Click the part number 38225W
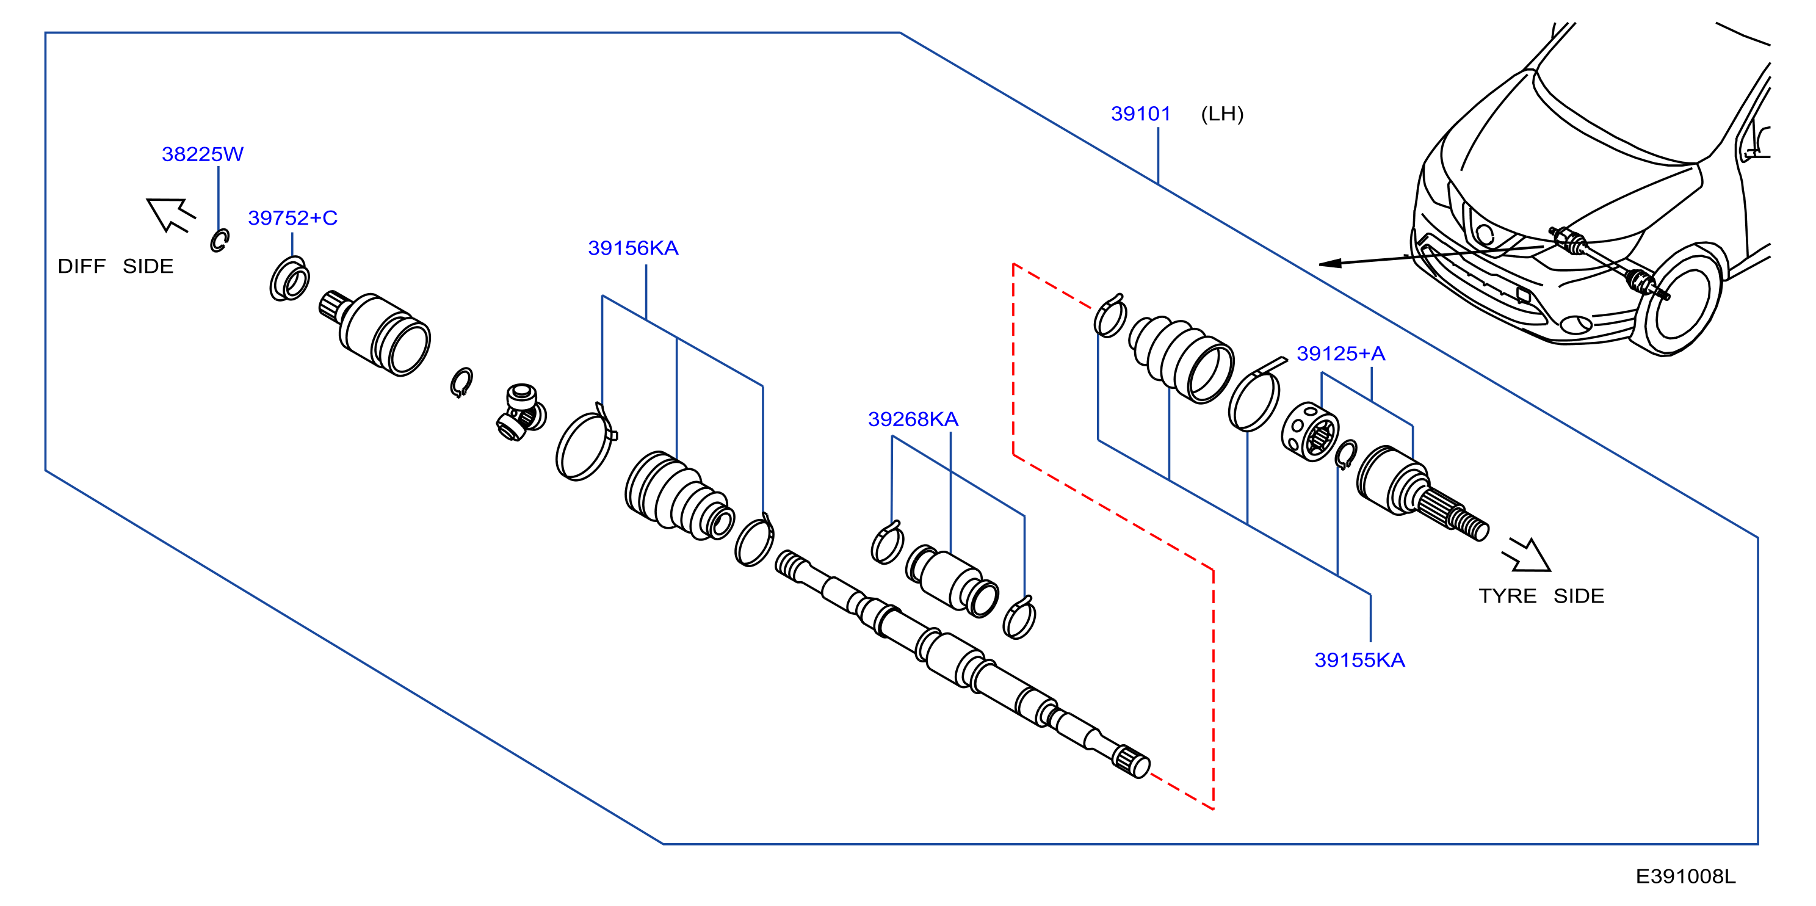tap(202, 154)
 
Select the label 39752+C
tap(292, 218)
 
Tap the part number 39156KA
tap(633, 248)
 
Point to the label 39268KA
tap(913, 419)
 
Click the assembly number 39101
tap(1141, 114)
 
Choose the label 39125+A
tap(1341, 353)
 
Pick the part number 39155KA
tap(1360, 660)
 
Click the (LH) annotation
tap(1223, 114)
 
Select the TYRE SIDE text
tap(1541, 596)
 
